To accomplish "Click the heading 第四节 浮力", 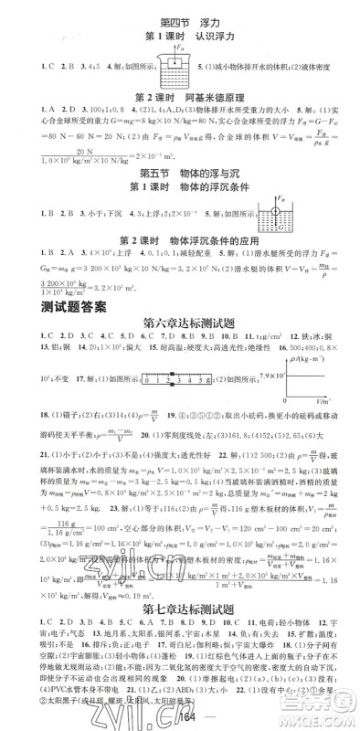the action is pos(180,20).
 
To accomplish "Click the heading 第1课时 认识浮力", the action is pos(180,38).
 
